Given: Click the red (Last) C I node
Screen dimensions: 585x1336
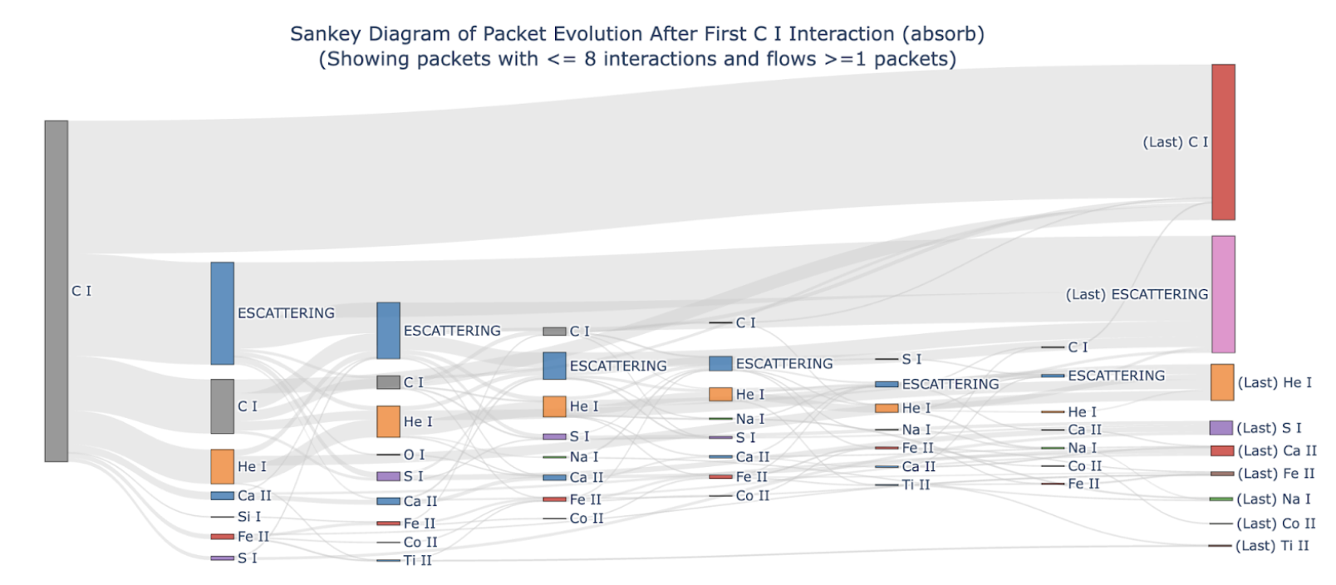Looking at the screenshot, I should pos(1223,142).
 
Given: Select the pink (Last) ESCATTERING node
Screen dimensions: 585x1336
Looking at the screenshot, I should pos(1223,294).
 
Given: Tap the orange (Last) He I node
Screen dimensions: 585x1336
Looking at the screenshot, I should pos(1222,382).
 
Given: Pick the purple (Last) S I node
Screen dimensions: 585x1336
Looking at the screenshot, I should pos(1221,428).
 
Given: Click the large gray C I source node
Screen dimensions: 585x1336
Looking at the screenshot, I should pos(56,291).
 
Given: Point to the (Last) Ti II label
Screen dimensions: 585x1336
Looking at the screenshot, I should pos(1272,546).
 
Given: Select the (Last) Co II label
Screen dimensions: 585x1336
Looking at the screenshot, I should pos(1276,524).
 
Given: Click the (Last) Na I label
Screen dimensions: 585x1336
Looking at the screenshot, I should pos(1274,499).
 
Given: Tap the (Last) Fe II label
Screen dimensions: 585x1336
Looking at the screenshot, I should pos(1276,474).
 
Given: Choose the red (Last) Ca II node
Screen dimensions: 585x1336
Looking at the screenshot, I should pos(1222,451).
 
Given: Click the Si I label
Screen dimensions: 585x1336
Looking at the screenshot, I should pos(249,517).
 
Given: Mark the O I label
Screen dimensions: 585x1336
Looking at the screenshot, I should pos(415,455).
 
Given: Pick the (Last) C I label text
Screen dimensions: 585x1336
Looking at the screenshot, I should pos(1176,142).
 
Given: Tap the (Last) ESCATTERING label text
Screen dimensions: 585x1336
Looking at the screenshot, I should pos(1137,294).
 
